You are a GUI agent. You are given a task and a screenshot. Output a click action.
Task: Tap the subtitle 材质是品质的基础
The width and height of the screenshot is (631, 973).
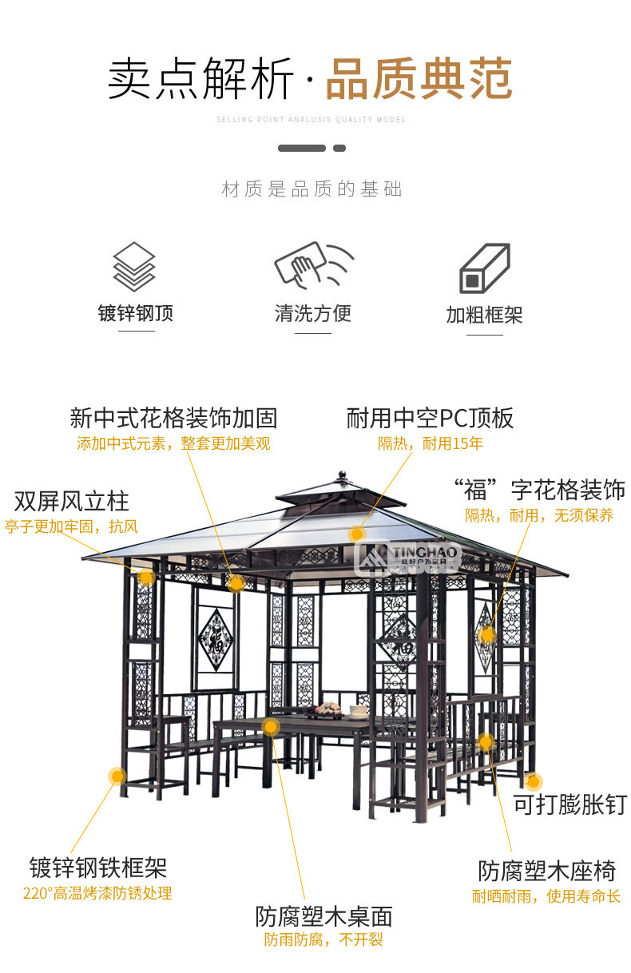pos(312,189)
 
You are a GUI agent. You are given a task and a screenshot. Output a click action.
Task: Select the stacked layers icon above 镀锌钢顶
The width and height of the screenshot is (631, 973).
pos(134,267)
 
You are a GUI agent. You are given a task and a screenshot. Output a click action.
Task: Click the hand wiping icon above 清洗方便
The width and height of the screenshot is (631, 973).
pos(312,265)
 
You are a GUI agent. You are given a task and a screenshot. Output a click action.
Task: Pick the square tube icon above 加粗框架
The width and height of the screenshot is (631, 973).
pos(484,268)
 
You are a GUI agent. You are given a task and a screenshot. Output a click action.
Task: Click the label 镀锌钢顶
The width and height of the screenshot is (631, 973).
pos(136,312)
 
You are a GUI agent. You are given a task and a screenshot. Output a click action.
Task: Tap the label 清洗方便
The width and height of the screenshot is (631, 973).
pos(313,312)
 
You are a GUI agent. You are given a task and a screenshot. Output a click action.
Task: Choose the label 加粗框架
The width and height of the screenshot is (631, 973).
pos(484,314)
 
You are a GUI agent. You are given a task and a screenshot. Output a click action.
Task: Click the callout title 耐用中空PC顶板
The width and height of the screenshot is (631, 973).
pos(430,418)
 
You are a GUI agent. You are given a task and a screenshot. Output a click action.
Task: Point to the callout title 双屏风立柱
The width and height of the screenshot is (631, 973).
pos(71,502)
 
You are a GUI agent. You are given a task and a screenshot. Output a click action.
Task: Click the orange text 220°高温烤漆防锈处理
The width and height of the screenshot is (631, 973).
pos(97,893)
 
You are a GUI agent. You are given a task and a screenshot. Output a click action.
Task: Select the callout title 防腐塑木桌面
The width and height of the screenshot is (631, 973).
pos(323,915)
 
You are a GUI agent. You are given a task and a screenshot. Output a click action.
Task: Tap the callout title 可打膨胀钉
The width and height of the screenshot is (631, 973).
pos(569,804)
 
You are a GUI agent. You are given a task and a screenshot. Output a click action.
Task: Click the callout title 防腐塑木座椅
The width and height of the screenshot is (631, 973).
pos(546,870)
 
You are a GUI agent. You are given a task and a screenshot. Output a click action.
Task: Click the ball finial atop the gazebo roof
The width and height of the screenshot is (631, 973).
pos(343,476)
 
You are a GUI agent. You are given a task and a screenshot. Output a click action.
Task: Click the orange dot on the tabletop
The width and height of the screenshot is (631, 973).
pos(271,727)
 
